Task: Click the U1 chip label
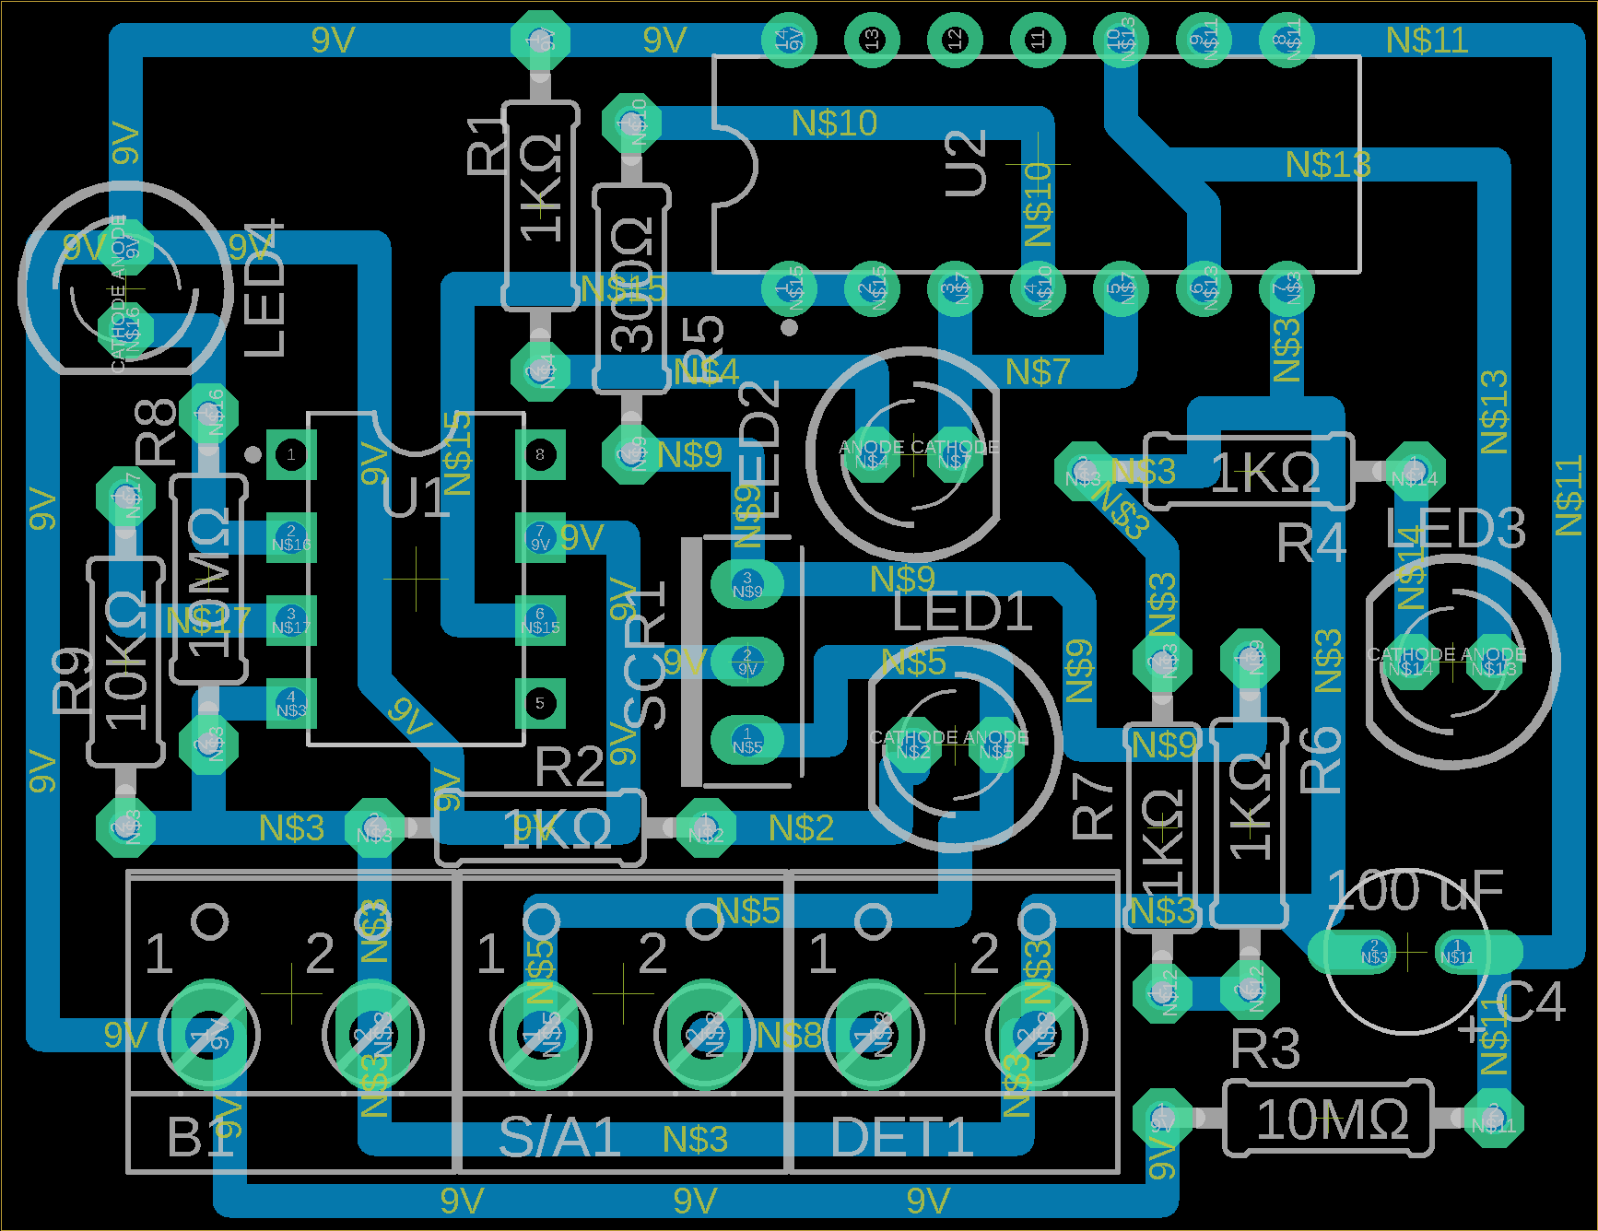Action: [x=417, y=498]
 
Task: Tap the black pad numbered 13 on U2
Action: [x=872, y=40]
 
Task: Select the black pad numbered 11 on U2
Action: [x=1038, y=40]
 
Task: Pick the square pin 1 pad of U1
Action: [x=291, y=454]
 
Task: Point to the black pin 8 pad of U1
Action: [x=540, y=454]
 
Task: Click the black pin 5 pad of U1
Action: [x=540, y=703]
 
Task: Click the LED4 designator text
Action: [x=264, y=288]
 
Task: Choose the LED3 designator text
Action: [x=1455, y=529]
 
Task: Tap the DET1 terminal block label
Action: [x=901, y=1137]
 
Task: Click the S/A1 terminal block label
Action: [x=558, y=1137]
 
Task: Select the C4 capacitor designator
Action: [x=1530, y=1002]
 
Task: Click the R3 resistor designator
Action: [x=1265, y=1049]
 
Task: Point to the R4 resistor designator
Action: [x=1310, y=544]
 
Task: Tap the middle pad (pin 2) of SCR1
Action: [x=747, y=662]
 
